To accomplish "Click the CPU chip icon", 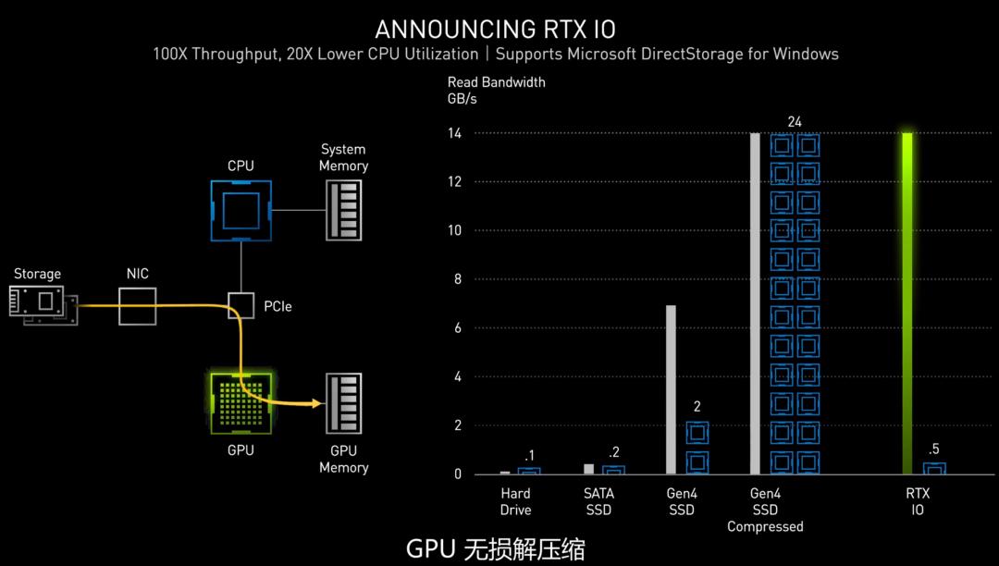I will coord(240,210).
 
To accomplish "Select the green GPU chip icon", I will coord(240,404).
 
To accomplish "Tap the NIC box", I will coord(138,305).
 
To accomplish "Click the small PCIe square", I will coord(240,304).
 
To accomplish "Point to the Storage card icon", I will coord(43,301).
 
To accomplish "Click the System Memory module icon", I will coord(343,210).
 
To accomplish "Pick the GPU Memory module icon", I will coord(343,404).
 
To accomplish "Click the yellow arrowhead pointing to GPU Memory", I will coord(317,403).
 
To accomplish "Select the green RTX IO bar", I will coord(908,303).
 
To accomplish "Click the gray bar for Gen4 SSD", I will coord(671,389).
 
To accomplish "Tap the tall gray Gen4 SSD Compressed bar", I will coord(755,303).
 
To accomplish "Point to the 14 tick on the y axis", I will coord(456,133).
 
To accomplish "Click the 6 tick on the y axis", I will coord(456,328).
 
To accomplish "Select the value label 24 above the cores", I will coord(795,122).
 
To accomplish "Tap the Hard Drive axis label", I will coord(515,502).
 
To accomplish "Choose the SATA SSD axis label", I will coord(598,502).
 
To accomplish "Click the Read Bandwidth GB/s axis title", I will coord(496,90).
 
